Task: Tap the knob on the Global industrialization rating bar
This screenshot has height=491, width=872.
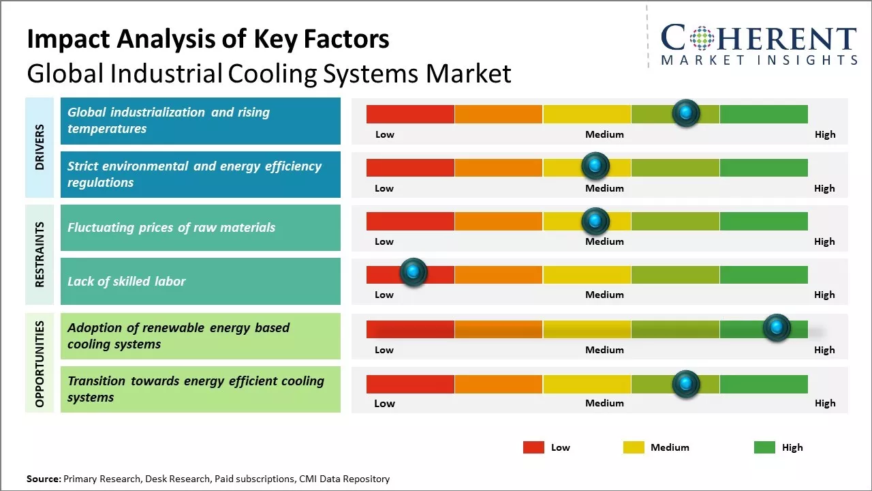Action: (686, 113)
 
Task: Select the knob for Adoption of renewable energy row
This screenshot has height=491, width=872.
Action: (776, 328)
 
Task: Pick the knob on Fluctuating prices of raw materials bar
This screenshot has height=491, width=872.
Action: (595, 221)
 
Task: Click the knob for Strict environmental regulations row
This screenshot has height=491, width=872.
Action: (595, 166)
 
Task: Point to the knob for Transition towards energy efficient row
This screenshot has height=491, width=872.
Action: (685, 384)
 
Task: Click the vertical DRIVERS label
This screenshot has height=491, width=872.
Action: (40, 147)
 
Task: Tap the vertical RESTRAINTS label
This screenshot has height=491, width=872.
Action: (40, 254)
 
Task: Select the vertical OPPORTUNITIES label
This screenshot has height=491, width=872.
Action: (40, 363)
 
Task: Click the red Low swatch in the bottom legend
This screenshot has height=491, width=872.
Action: (533, 447)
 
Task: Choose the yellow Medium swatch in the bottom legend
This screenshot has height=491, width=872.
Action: (634, 447)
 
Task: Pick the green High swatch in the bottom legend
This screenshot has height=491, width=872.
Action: (764, 447)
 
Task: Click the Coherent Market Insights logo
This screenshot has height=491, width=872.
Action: (758, 45)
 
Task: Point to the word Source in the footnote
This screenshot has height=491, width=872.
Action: (44, 479)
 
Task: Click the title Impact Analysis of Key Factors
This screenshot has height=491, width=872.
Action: (208, 39)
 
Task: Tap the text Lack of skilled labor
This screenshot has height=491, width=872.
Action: (127, 282)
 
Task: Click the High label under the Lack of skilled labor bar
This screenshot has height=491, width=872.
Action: (824, 295)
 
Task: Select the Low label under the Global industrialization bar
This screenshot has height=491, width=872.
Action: (385, 134)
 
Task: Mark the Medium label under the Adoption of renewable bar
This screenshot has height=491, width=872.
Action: (604, 350)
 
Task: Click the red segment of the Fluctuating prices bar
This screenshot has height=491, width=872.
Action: (410, 221)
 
